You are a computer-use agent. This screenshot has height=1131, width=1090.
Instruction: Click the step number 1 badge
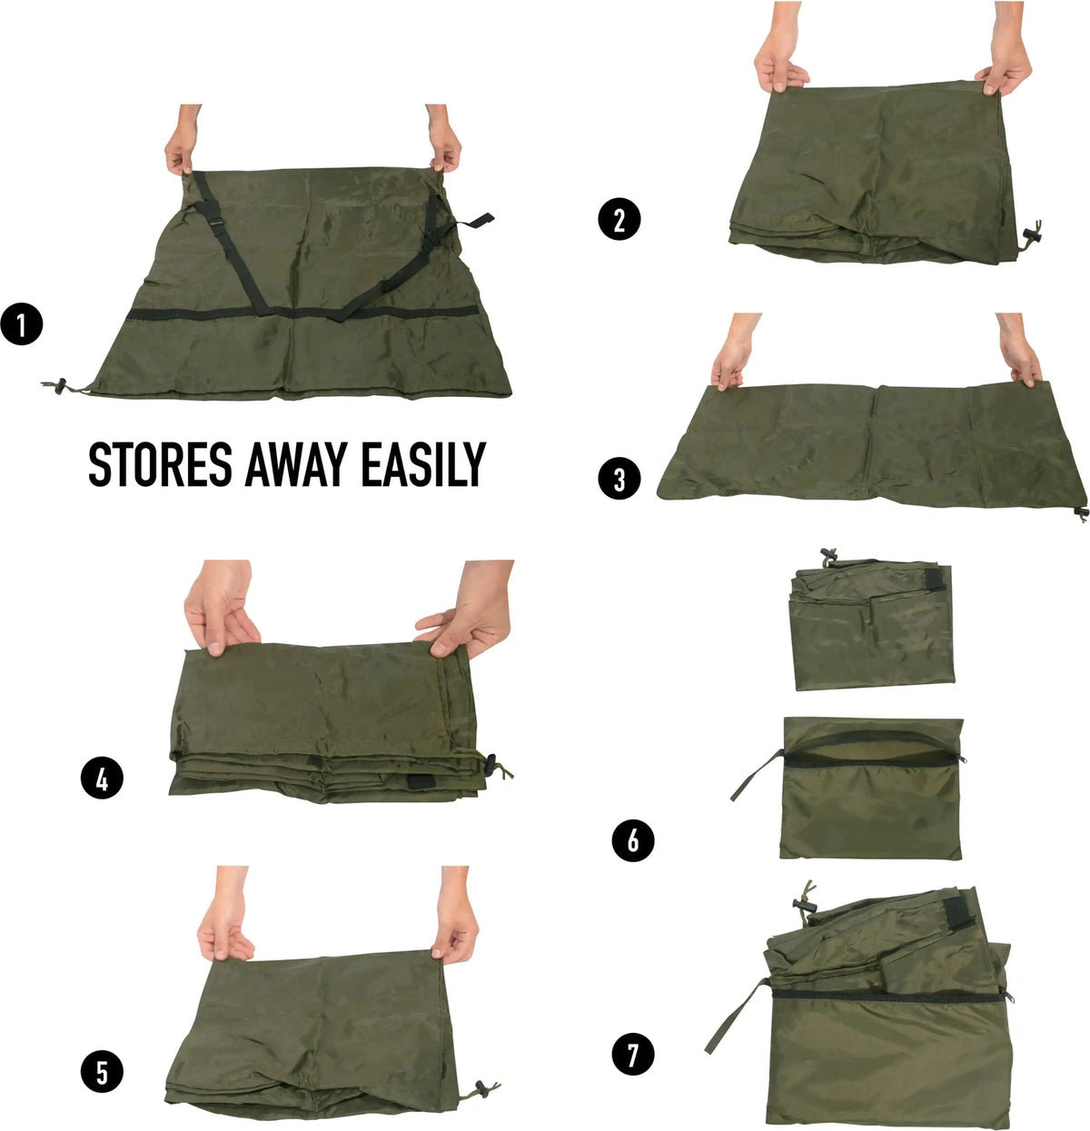tap(22, 323)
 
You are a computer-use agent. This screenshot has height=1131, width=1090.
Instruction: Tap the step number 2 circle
tap(619, 220)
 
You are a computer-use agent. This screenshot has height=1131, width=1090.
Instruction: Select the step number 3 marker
tap(619, 479)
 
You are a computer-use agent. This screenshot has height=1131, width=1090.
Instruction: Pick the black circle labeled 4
tap(102, 777)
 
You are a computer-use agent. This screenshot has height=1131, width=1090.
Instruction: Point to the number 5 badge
tap(102, 1071)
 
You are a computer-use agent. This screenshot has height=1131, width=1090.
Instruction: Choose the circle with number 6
tap(633, 839)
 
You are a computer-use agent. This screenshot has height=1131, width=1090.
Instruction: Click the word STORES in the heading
tap(161, 464)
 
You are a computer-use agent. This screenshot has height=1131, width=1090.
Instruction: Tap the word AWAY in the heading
tap(296, 464)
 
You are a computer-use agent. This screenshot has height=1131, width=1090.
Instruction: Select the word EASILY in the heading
tap(423, 464)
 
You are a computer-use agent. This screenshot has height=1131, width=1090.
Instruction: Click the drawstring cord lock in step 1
tap(59, 386)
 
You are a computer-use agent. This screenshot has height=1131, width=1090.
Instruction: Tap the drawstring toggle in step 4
tap(490, 762)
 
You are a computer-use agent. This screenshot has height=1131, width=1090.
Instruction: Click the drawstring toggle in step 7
tap(805, 904)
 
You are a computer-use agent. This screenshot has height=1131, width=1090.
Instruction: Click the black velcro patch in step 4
tap(420, 781)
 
